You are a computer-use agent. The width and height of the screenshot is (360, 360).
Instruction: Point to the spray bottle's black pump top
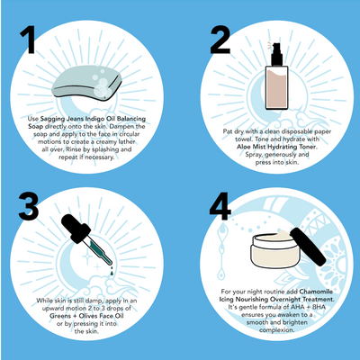271,46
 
